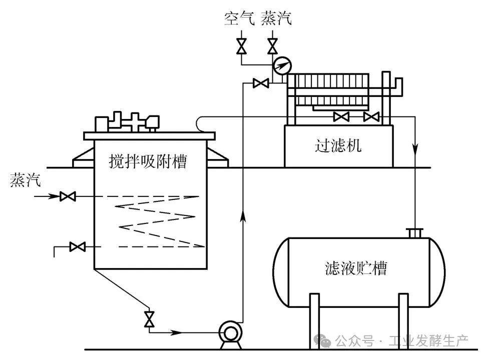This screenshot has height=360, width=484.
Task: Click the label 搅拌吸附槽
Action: pos(148,161)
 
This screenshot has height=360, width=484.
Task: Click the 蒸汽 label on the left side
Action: pos(25,180)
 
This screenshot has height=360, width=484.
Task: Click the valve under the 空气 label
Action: pos(241,46)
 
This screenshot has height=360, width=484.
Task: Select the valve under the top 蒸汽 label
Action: pos(272,46)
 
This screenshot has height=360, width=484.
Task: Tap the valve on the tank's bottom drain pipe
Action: pos(149,318)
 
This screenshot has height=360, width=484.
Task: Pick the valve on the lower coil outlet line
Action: pos(77,246)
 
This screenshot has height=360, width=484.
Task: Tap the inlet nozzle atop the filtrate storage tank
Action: pos(415,233)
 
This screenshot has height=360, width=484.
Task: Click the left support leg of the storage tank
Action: pos(314,320)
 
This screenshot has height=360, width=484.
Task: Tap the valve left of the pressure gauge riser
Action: pos(260,83)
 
